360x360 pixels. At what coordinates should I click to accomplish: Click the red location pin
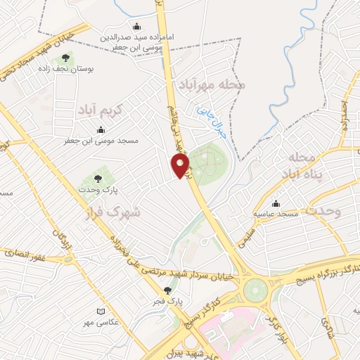pos(181,165)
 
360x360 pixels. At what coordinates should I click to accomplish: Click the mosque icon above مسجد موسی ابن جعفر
pos(101,129)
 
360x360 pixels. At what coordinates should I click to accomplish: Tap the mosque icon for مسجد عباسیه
pos(276,202)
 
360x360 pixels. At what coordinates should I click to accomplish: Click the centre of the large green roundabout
pos(255,288)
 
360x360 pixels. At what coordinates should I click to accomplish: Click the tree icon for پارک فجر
pos(167,290)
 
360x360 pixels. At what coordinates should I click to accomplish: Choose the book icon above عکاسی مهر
pos(101,311)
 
